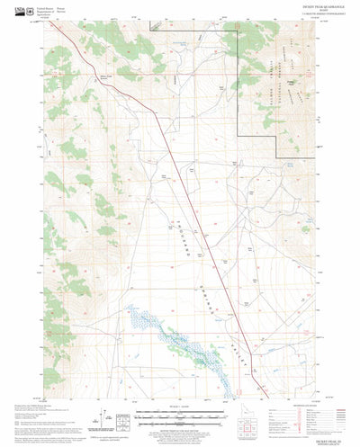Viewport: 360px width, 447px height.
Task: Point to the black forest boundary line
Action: point(238,54)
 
